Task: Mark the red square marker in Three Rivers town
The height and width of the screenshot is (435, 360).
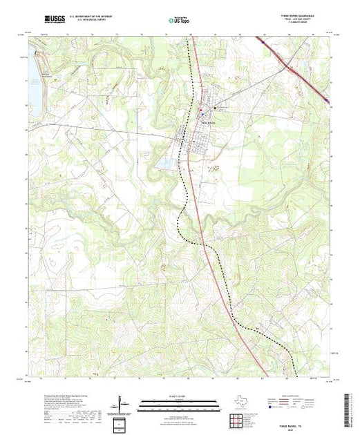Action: [200, 112]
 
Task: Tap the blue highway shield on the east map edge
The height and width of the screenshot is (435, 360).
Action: [325, 101]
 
